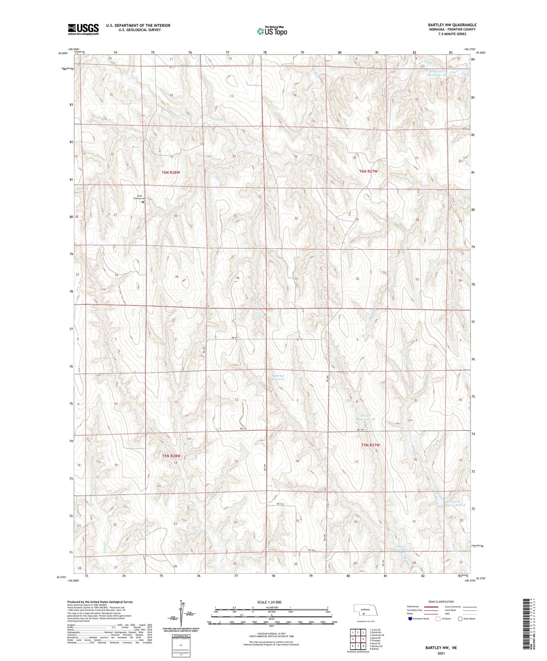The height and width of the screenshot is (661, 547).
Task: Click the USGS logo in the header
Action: [83, 29]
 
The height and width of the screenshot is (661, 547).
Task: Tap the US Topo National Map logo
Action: [272, 31]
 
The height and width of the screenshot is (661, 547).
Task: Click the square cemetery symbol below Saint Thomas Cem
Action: [143, 202]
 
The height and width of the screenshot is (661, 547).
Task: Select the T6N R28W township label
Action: [170, 172]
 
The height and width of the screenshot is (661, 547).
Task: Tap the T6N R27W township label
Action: [368, 171]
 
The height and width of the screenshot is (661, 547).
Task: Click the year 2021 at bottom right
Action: [441, 653]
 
